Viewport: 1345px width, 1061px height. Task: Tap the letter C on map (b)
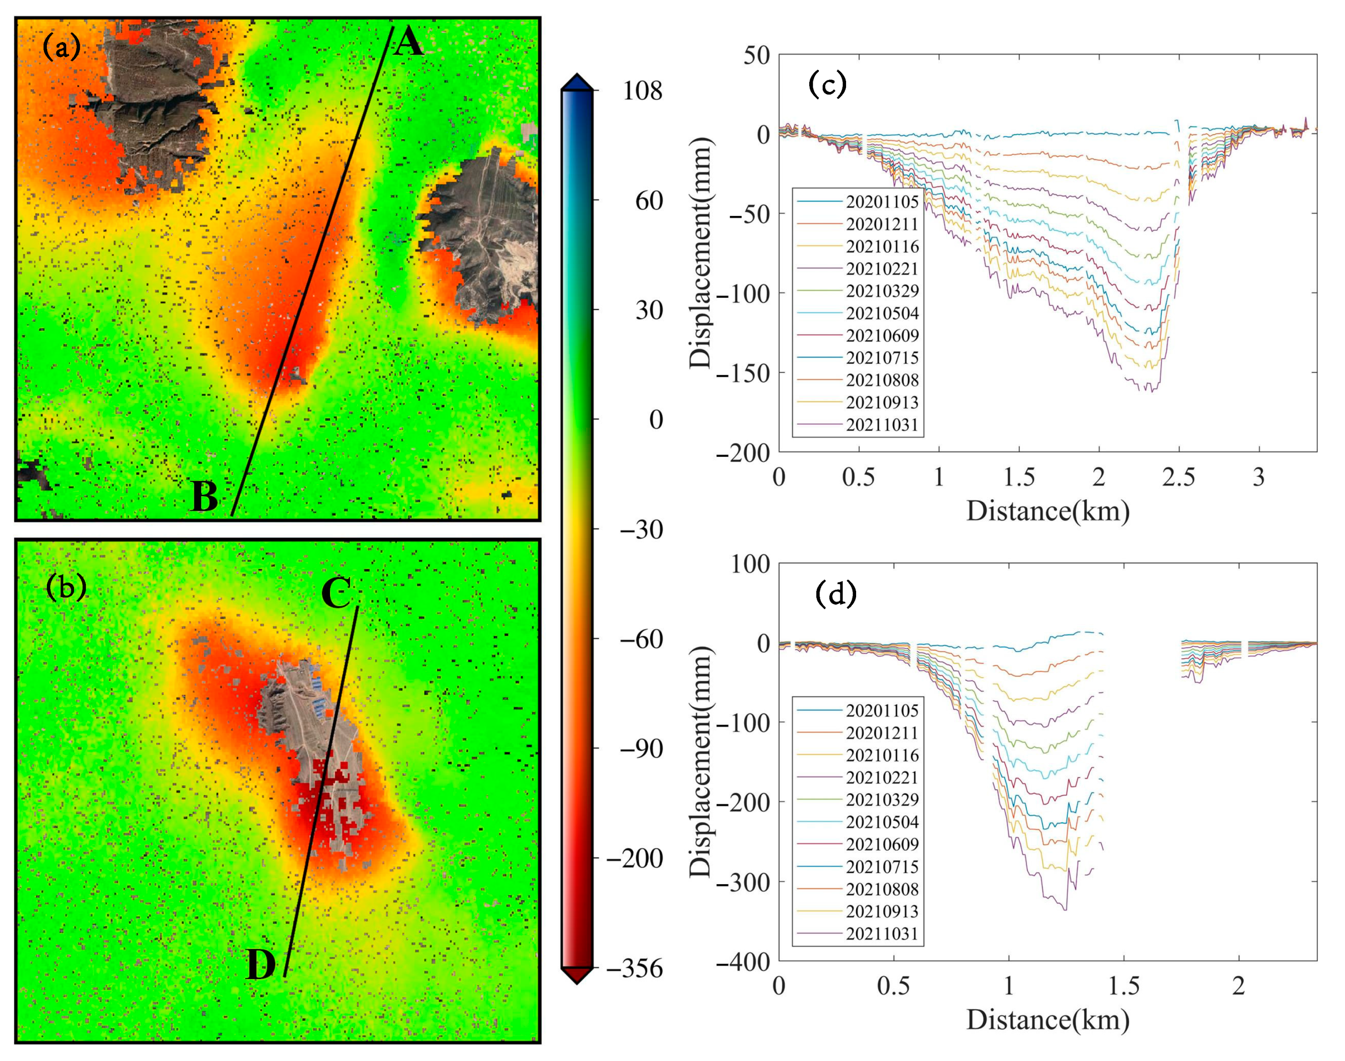tap(337, 592)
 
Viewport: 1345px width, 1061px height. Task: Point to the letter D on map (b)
tap(261, 964)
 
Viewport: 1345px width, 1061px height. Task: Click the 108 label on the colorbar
tap(643, 92)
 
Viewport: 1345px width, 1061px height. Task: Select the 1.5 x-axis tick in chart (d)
tap(1124, 986)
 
